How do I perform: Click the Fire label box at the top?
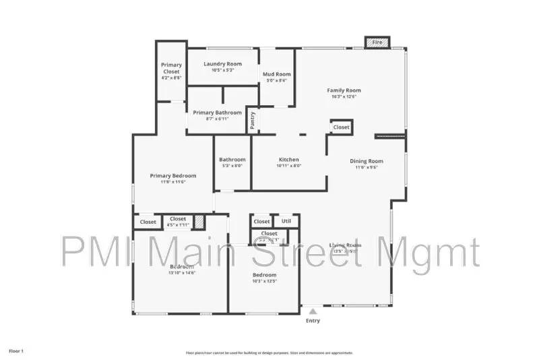pos(377,42)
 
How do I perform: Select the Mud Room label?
pos(276,74)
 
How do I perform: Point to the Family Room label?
pos(344,90)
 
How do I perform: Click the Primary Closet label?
pos(171,68)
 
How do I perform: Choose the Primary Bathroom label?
pos(218,113)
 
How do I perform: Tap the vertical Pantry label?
pos(253,121)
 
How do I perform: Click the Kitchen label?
pos(288,160)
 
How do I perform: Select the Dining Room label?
pos(367,160)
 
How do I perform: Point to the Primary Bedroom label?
pos(172,176)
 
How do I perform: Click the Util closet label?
pos(286,220)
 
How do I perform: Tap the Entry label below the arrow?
pos(313,321)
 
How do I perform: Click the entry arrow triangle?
pos(313,311)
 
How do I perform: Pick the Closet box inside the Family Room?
pos(342,127)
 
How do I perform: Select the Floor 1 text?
pos(16,351)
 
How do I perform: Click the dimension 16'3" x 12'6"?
pos(344,96)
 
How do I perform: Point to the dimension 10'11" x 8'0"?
pos(288,166)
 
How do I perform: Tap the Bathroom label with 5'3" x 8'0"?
pos(232,160)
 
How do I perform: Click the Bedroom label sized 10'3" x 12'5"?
pos(265,275)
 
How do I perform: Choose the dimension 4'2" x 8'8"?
pos(171,78)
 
